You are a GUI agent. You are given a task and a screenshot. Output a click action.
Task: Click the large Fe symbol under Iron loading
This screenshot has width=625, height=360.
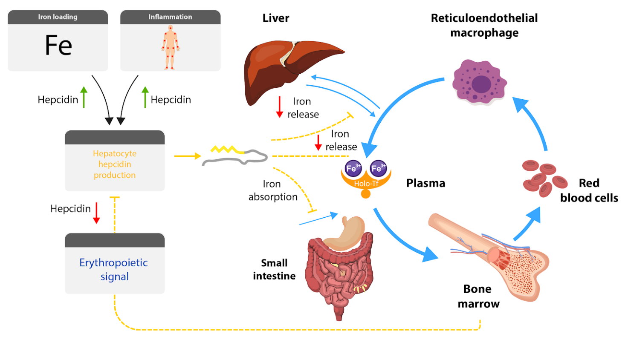(58, 45)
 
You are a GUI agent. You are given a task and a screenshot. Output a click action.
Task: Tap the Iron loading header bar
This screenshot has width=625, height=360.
(58, 17)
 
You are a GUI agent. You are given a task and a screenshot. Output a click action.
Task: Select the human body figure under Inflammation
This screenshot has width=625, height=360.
(171, 47)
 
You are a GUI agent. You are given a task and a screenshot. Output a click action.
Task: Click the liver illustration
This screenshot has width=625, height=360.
(286, 68)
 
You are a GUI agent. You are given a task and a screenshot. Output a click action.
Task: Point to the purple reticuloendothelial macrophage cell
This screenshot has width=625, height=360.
(480, 82)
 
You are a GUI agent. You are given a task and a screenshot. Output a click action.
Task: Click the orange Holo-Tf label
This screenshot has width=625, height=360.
(366, 184)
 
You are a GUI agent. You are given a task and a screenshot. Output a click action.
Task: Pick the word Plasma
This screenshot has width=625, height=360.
(425, 183)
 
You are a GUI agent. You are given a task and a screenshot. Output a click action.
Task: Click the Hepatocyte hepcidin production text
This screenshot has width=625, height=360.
(115, 164)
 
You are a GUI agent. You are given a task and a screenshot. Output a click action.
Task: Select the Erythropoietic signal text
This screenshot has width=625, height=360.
(114, 269)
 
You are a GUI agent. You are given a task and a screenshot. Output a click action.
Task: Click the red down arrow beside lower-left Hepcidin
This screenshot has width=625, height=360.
(97, 213)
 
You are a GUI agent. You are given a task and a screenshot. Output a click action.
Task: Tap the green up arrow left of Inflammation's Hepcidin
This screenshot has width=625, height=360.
(145, 97)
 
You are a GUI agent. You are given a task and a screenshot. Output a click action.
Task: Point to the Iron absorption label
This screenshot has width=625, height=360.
(273, 190)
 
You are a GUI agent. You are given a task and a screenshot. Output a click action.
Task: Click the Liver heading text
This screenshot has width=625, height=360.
(276, 18)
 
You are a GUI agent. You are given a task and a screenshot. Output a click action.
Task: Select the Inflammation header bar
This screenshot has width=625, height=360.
(170, 17)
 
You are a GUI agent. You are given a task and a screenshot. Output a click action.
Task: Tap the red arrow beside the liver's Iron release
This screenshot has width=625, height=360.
(280, 107)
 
